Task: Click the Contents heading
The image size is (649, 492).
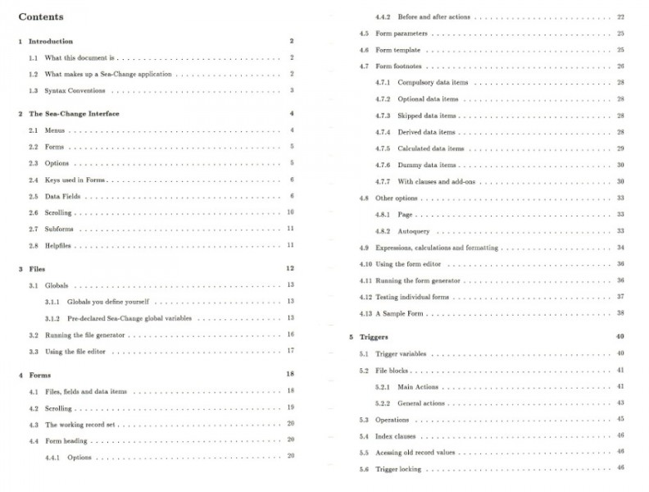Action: pos(41,16)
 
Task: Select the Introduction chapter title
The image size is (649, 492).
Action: pos(51,41)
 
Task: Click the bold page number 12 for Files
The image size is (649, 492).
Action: pos(290,268)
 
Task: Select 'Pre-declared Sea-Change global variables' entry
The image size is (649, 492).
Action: pos(129,318)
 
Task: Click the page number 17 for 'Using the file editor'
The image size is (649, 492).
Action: pos(290,351)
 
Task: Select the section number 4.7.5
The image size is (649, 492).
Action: pos(383,148)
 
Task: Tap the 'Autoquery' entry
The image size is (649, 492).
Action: pos(414,231)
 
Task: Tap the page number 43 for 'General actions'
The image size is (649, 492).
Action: pos(620,403)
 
